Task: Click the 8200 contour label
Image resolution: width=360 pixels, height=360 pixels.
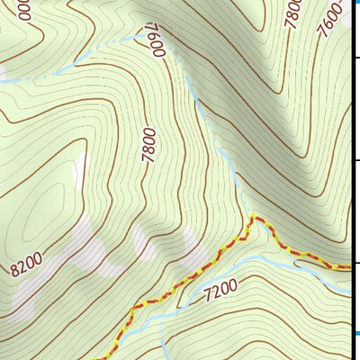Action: coord(28,265)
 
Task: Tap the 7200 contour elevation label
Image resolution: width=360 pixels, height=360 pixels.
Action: coord(220,290)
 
